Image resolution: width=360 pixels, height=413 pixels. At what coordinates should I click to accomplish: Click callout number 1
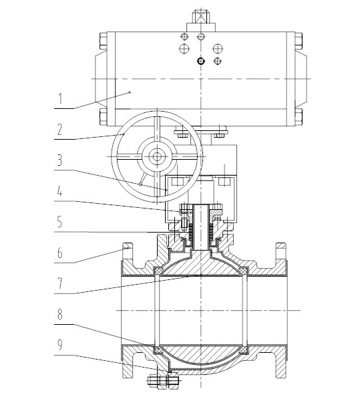[x=60, y=98]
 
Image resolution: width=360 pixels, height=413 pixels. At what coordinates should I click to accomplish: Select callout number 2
[x=60, y=130]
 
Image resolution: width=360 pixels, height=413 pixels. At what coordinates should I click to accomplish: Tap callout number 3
[x=60, y=160]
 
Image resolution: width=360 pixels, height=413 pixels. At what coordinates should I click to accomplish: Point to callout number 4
[x=60, y=191]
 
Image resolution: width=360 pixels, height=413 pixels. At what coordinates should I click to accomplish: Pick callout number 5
[x=60, y=221]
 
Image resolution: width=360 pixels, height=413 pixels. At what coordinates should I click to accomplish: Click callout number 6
[x=60, y=253]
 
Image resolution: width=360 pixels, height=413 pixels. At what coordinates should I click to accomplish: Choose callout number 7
[x=60, y=283]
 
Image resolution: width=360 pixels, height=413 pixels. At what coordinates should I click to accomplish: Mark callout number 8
[x=60, y=314]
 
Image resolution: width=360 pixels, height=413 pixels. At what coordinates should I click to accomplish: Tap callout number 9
[x=60, y=345]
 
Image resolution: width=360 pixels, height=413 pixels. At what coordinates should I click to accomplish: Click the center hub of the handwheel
[x=157, y=157]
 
